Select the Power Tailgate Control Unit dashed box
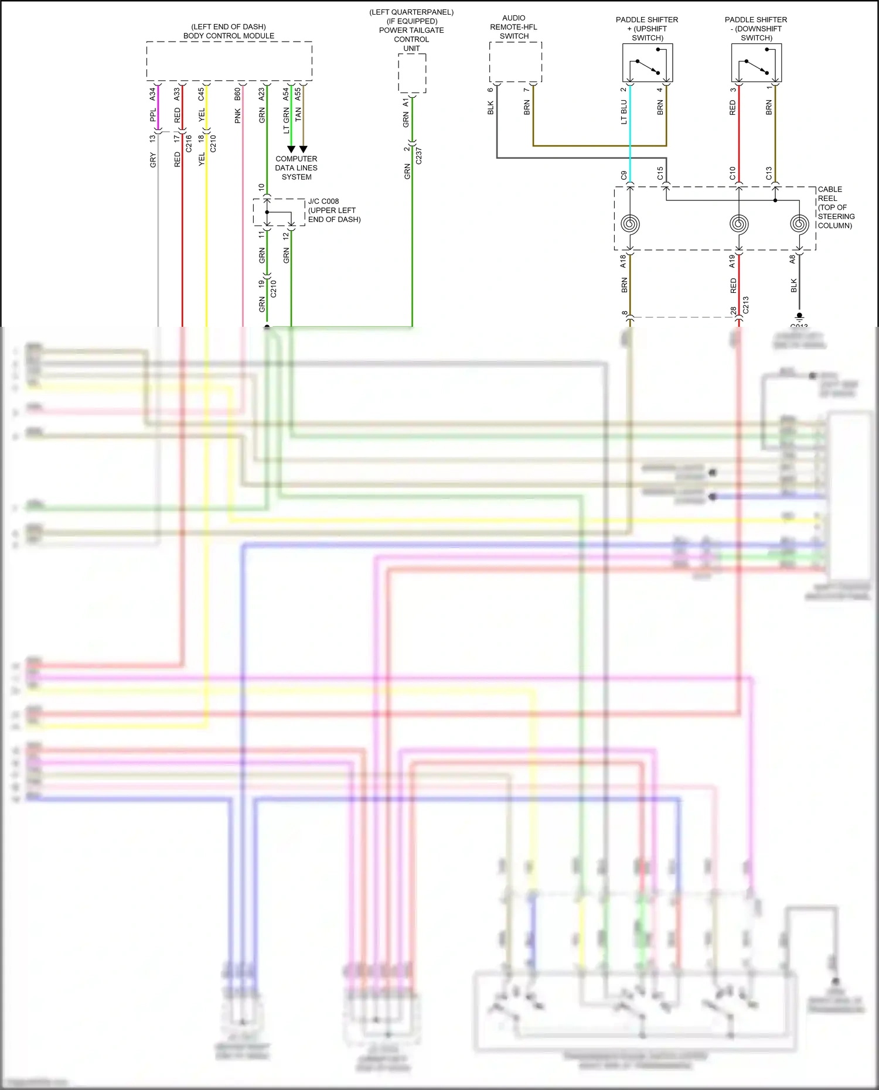tap(412, 73)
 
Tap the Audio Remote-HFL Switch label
tap(513, 27)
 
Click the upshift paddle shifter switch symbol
tap(647, 63)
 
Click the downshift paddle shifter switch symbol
tap(756, 63)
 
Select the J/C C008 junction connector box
tap(279, 212)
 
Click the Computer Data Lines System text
tap(297, 168)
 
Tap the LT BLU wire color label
tap(624, 112)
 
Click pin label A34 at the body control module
tap(153, 93)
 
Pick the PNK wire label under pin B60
tap(238, 116)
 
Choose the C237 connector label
tap(419, 156)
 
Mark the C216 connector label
tap(189, 143)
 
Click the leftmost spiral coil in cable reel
tap(630, 224)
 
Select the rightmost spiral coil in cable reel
tap(799, 224)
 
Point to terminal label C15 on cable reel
tap(660, 173)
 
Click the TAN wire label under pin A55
tap(298, 114)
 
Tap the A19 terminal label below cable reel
tap(732, 262)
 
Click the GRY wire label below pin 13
tap(153, 160)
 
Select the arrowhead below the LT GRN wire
tap(291, 149)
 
